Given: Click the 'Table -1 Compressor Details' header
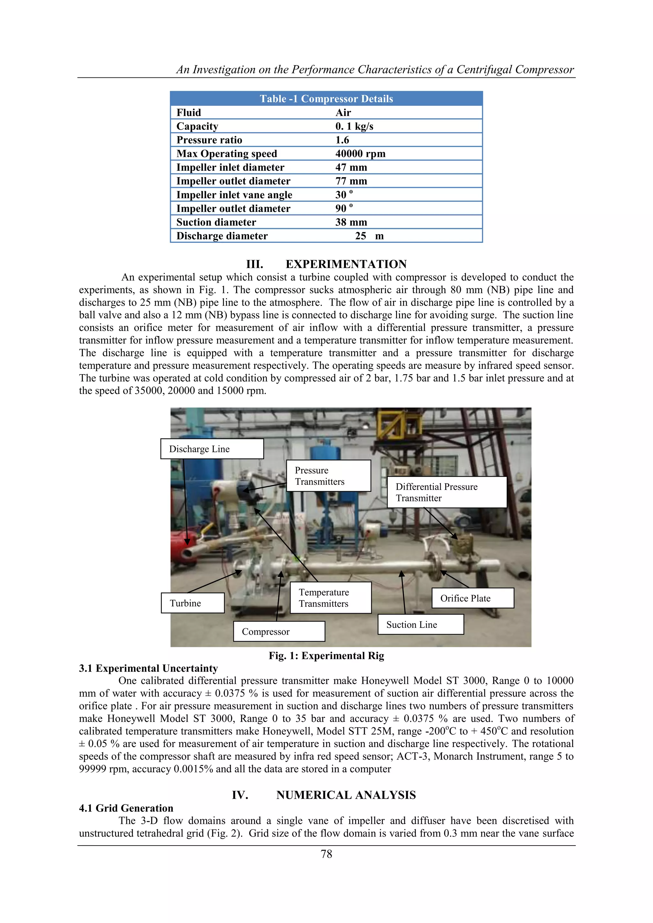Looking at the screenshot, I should [x=326, y=99].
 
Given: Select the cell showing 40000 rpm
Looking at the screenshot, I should [x=360, y=154].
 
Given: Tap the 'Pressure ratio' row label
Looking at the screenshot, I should [x=209, y=140].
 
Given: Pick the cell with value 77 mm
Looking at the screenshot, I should [x=351, y=181].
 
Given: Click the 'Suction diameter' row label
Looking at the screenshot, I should [x=216, y=222].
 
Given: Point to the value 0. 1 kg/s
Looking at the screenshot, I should [x=354, y=126].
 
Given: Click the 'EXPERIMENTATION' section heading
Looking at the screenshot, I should [x=346, y=264].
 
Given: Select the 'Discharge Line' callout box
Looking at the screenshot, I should [x=212, y=449].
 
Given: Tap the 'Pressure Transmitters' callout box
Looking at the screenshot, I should [x=328, y=476].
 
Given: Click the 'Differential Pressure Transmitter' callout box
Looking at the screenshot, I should [x=446, y=492].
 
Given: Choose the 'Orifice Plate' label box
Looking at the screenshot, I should [x=473, y=598].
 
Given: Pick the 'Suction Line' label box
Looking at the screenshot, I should [x=420, y=624].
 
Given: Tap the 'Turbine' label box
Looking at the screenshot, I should [x=193, y=603].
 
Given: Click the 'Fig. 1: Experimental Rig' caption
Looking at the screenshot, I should [x=326, y=656].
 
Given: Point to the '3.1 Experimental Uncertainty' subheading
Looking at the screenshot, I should [x=148, y=668].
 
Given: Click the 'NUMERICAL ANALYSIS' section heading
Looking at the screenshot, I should [x=346, y=795].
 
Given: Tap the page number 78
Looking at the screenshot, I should [x=326, y=854].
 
